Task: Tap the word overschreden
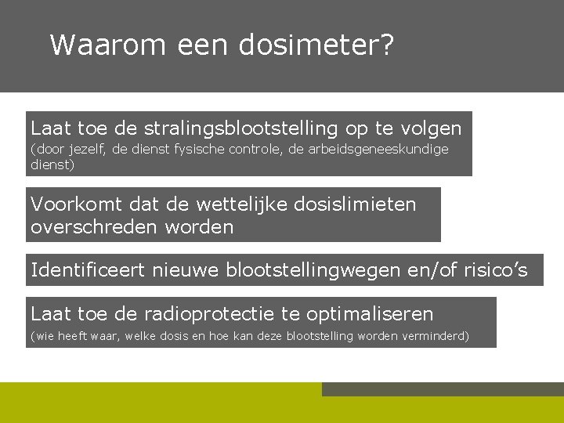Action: tap(93, 227)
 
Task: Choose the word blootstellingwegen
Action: tap(313, 271)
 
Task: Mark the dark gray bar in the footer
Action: tap(443, 389)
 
